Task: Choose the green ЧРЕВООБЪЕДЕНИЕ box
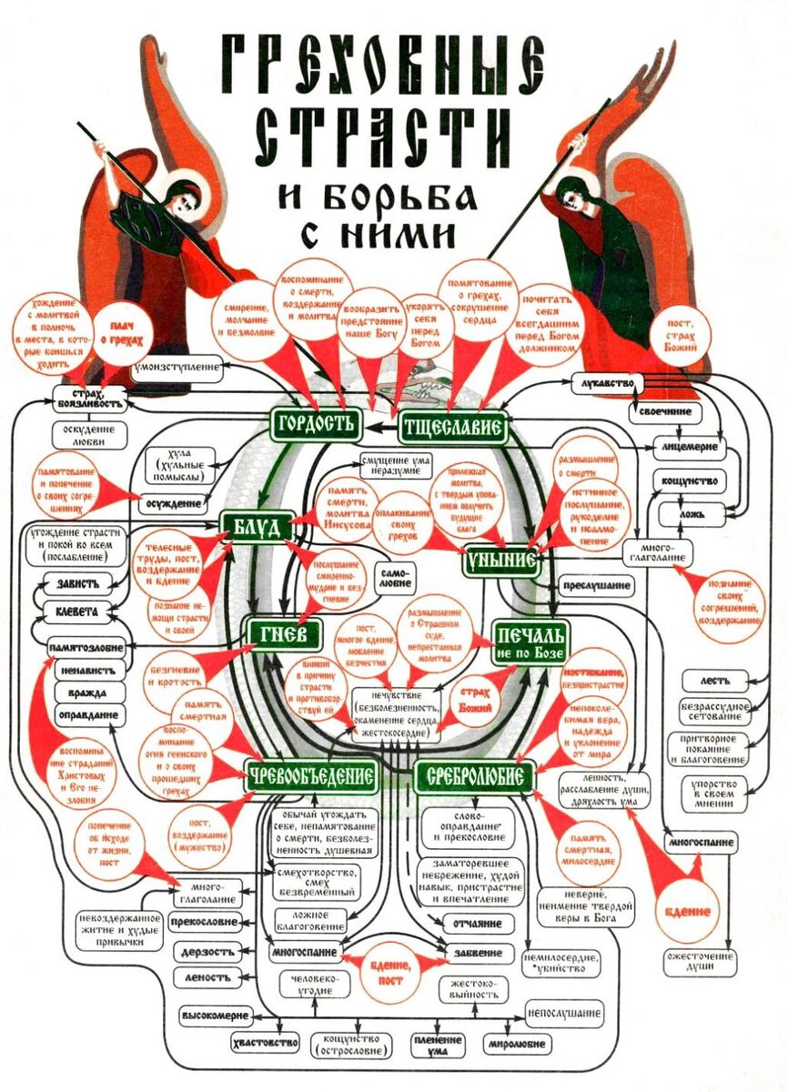311,776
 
